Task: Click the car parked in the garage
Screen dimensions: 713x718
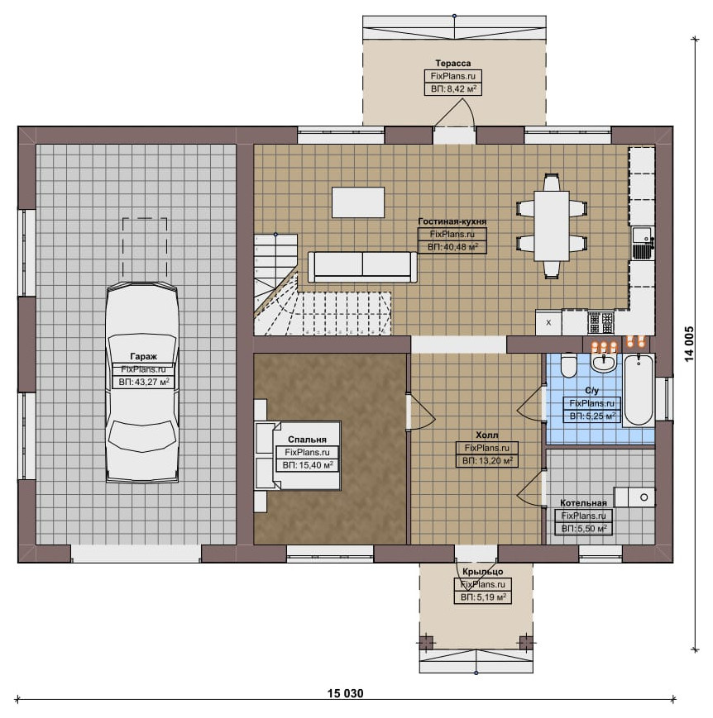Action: [142, 383]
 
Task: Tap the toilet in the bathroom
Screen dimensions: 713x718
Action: [569, 365]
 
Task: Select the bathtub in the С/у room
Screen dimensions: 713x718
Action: [639, 390]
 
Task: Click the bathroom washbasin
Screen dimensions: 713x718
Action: [604, 362]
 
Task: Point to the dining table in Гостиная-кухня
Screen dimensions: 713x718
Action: [552, 226]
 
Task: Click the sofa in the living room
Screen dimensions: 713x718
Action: [362, 267]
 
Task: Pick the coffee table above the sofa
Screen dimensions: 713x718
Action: [358, 202]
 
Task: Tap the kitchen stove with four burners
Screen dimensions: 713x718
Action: [601, 322]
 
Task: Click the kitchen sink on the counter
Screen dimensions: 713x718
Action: [643, 243]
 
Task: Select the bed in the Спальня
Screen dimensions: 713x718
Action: [298, 455]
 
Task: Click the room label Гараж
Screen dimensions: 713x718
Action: [144, 356]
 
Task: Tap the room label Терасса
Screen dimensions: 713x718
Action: [453, 63]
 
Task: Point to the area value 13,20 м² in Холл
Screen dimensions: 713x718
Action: [487, 461]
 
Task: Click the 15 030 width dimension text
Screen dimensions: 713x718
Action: [345, 693]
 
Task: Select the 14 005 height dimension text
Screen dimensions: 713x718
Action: [690, 344]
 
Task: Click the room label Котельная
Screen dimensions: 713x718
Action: [583, 503]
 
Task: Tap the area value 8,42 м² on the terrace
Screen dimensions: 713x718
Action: [453, 89]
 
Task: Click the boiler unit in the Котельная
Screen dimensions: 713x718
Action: [634, 497]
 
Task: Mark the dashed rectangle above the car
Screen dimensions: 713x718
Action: [145, 250]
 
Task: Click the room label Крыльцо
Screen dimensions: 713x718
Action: [483, 572]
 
